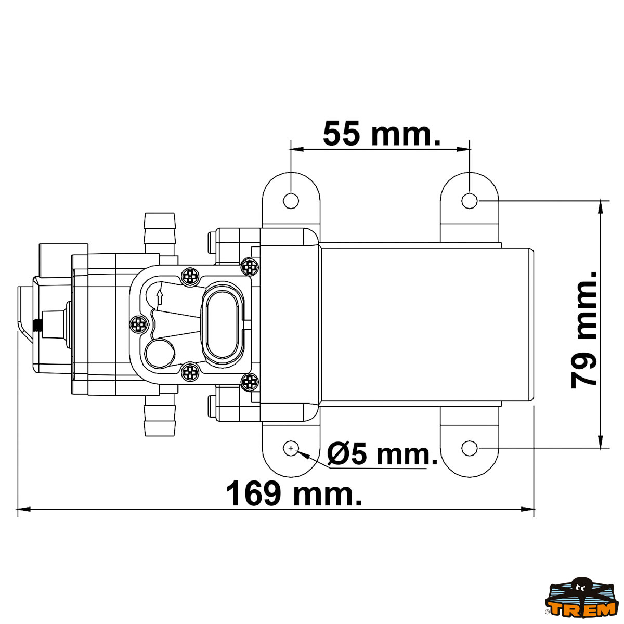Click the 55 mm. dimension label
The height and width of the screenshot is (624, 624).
(381, 134)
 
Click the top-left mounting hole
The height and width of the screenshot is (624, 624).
(291, 200)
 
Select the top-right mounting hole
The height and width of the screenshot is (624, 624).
(470, 200)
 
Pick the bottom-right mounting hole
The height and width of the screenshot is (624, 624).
(470, 448)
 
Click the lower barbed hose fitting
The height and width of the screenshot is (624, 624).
(160, 417)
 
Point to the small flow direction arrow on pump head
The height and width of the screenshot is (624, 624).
(160, 297)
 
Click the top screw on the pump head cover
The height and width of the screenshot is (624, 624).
(190, 276)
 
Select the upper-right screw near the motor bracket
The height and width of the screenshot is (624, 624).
(250, 267)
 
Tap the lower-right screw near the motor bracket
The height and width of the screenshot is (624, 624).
(250, 382)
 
